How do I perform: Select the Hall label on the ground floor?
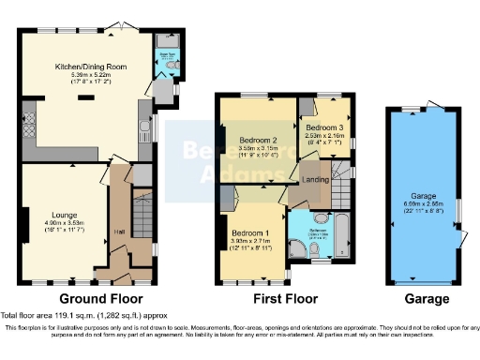click(x=120, y=232)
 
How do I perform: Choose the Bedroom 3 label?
click(x=325, y=127)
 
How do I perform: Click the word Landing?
click(x=315, y=179)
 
